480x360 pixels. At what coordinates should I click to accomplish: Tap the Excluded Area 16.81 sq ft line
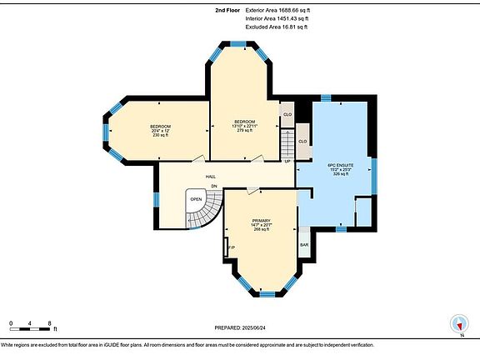click(277, 27)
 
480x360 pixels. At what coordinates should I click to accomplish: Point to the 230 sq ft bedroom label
click(160, 130)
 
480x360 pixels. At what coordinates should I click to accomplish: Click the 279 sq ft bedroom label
click(244, 125)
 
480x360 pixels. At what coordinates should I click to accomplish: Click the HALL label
click(212, 177)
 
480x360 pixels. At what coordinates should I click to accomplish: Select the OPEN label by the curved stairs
click(196, 199)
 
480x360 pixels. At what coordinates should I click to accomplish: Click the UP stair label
click(287, 160)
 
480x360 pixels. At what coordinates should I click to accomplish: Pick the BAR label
click(305, 245)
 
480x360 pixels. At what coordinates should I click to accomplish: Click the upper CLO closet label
click(287, 114)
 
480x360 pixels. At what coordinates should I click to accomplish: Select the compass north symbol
click(457, 324)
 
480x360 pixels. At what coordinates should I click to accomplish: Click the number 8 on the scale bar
click(50, 322)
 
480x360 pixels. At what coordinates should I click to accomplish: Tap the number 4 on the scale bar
click(30, 322)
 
